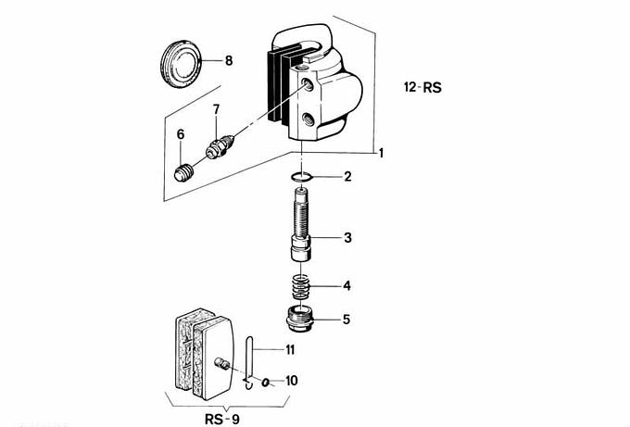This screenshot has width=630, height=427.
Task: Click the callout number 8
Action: (x=228, y=61)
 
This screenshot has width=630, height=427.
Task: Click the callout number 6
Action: (x=182, y=135)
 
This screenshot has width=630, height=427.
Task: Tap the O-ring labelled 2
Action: (x=298, y=176)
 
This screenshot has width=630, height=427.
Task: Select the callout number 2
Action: (x=347, y=176)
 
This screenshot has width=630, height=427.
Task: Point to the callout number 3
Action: (x=347, y=238)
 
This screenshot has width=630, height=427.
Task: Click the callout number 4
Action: (x=347, y=284)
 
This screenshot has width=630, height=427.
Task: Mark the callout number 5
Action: (x=346, y=320)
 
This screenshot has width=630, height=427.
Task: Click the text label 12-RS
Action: (x=422, y=89)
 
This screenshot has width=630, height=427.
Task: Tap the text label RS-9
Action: (x=224, y=418)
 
